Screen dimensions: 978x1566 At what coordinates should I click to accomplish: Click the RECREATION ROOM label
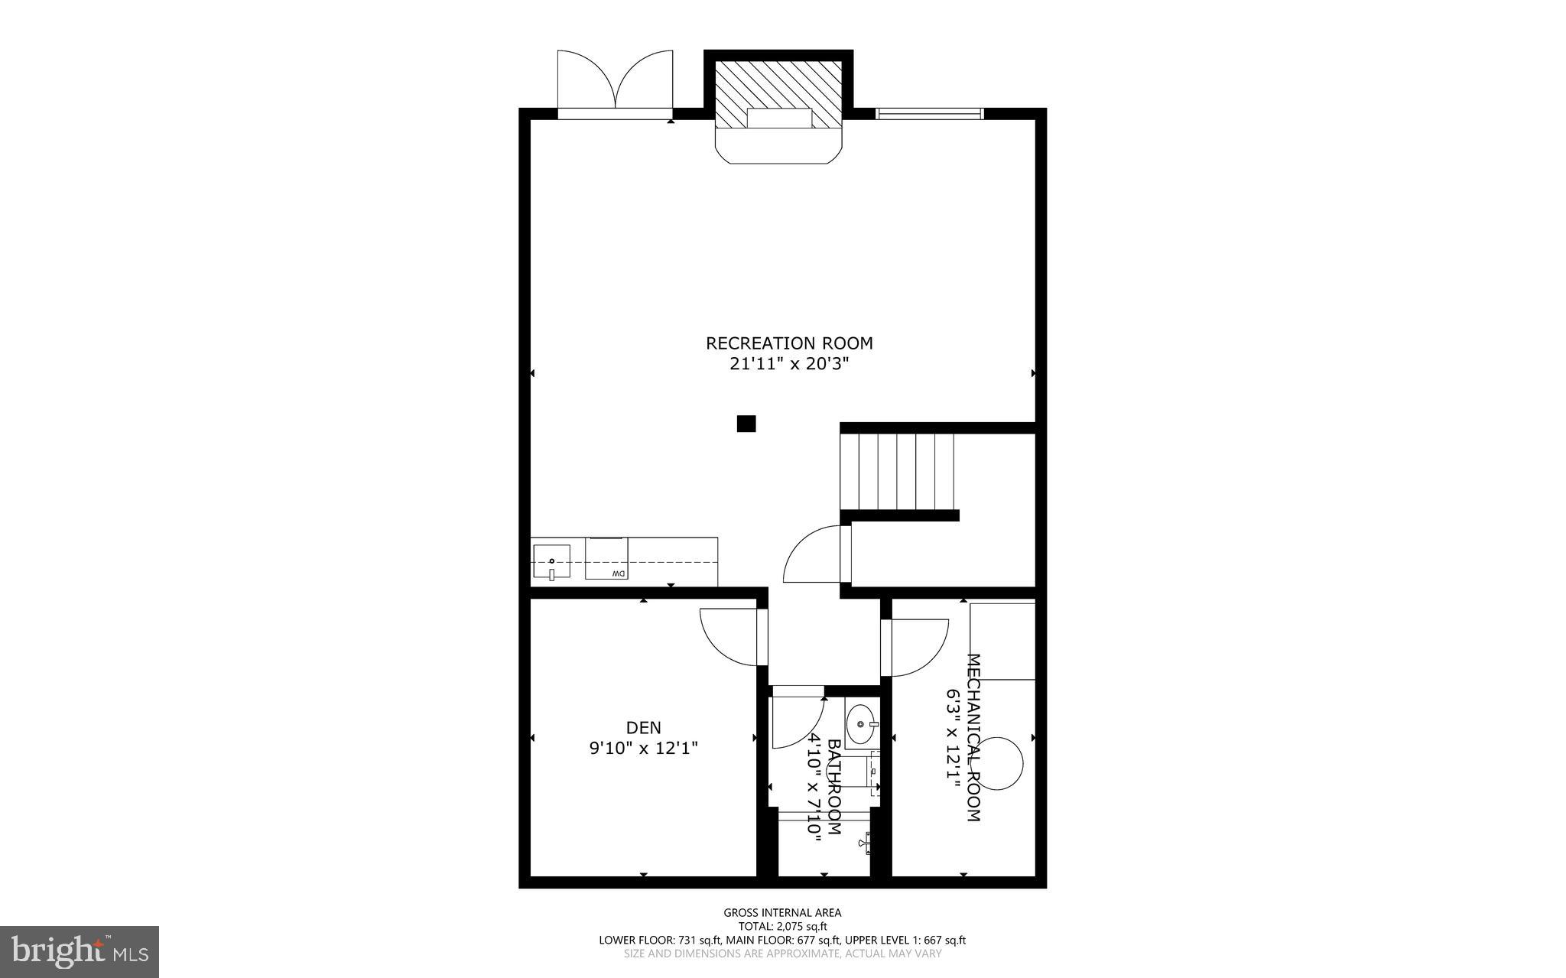pyautogui.click(x=789, y=343)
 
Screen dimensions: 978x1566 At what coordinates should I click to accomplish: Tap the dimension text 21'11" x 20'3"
pyautogui.click(x=789, y=364)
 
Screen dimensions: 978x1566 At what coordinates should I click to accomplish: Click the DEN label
pyautogui.click(x=643, y=727)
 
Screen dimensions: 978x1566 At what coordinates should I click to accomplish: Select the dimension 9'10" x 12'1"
pyautogui.click(x=643, y=748)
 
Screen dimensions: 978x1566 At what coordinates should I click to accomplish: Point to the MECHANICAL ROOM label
pyautogui.click(x=973, y=737)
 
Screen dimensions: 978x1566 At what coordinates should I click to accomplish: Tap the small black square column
pyautogui.click(x=746, y=424)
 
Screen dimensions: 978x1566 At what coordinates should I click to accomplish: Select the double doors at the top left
pyautogui.click(x=615, y=83)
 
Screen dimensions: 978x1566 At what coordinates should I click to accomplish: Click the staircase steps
pyautogui.click(x=897, y=471)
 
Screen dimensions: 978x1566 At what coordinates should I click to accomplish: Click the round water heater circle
pyautogui.click(x=998, y=763)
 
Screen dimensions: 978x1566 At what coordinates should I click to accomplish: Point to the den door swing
pyautogui.click(x=729, y=636)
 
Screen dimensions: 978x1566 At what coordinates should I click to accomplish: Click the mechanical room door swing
pyautogui.click(x=916, y=648)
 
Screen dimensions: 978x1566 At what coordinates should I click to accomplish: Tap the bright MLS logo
pyautogui.click(x=80, y=951)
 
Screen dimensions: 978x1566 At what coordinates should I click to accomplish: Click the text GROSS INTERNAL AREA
pyautogui.click(x=782, y=912)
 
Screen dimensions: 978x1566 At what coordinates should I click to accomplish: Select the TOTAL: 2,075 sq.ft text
pyautogui.click(x=782, y=926)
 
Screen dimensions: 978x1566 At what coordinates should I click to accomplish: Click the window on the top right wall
pyautogui.click(x=929, y=114)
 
